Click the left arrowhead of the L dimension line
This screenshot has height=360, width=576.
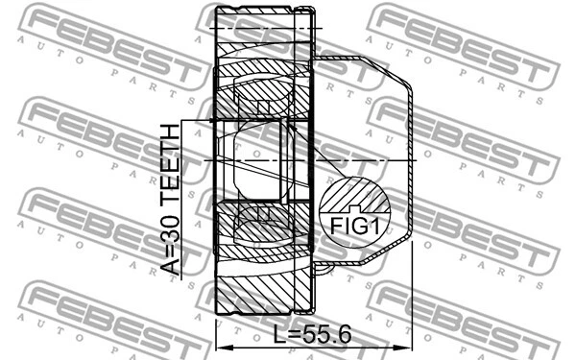223,348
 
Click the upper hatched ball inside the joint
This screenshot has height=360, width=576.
261,97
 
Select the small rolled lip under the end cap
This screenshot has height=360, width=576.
323,264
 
